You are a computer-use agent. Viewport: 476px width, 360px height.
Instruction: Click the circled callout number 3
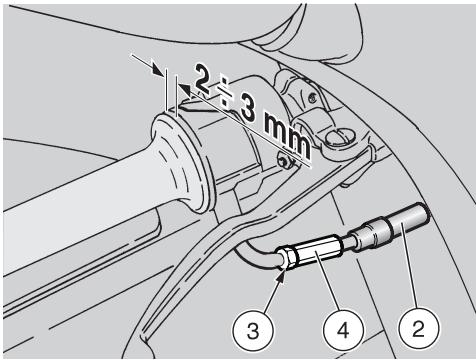(x=253, y=332)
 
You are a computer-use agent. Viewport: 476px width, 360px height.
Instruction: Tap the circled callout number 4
(x=343, y=331)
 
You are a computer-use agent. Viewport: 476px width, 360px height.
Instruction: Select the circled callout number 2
(x=419, y=328)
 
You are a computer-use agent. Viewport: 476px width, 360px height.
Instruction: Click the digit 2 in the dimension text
(x=203, y=79)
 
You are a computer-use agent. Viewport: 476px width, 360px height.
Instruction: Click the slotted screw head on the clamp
(x=338, y=139)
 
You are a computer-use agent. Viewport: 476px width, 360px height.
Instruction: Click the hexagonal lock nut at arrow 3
(x=288, y=258)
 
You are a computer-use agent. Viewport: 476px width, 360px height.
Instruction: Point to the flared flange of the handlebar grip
(x=182, y=163)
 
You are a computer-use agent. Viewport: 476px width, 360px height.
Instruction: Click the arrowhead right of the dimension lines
(x=184, y=91)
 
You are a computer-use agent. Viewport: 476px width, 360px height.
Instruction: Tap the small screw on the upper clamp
(x=312, y=97)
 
